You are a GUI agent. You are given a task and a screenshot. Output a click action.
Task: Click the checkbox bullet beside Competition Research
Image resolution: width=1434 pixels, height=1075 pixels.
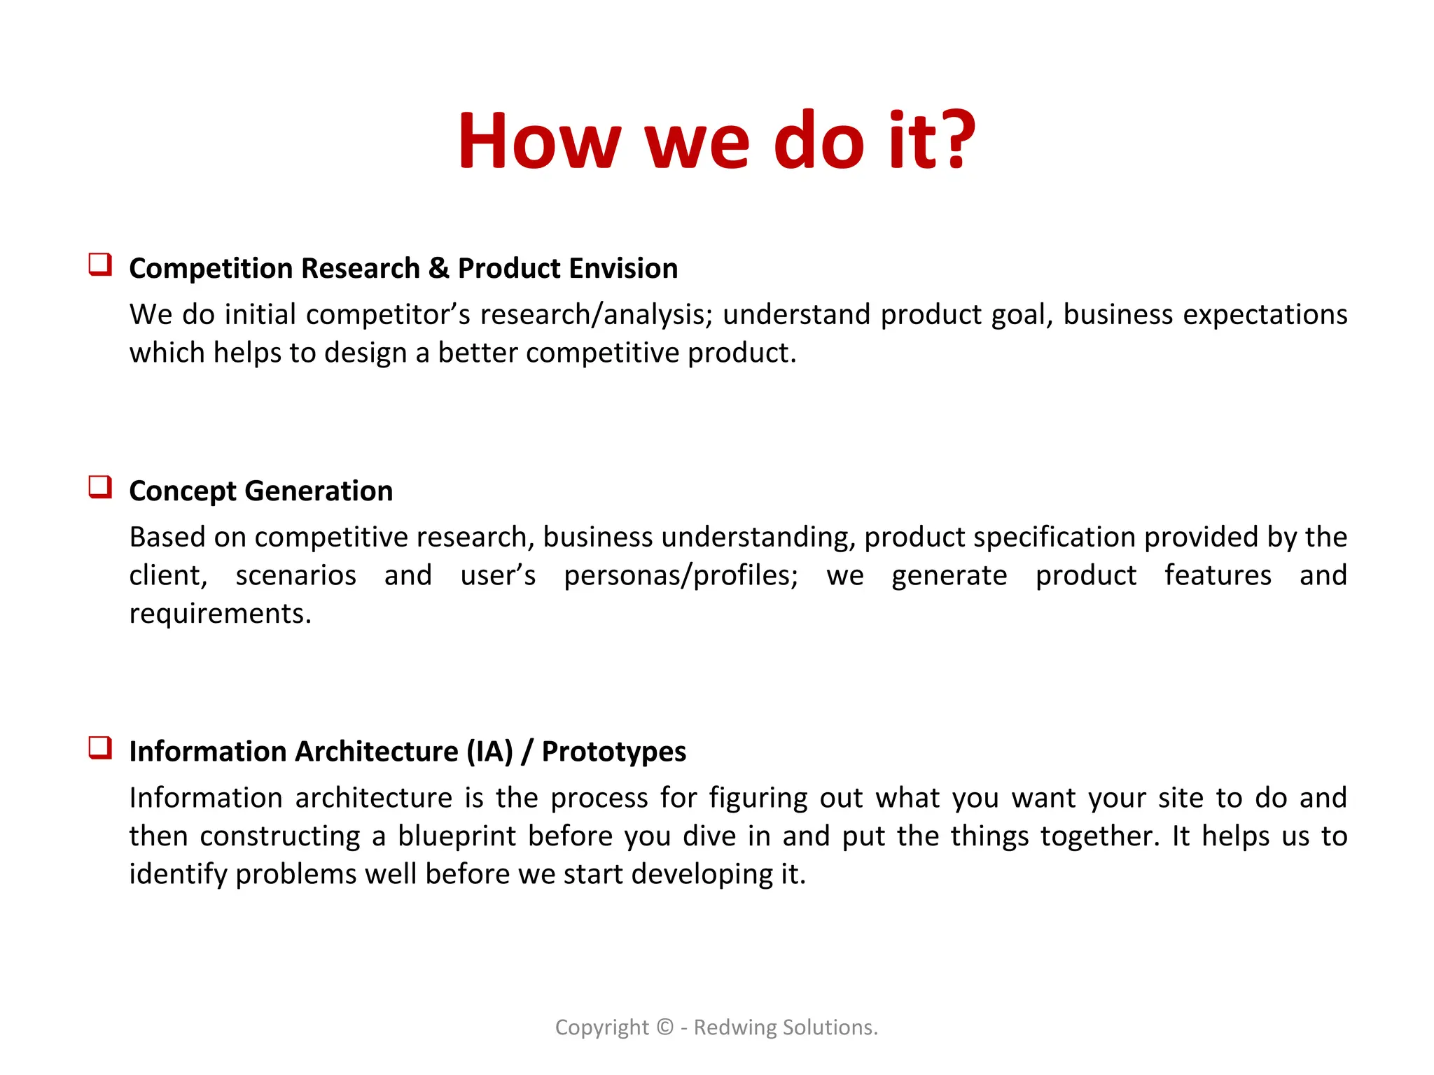tap(100, 265)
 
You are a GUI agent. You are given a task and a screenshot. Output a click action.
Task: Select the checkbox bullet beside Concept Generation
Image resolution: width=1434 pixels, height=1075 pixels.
tap(100, 487)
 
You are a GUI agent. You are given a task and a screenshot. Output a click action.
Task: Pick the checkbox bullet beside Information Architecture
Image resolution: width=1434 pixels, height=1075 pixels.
tap(100, 747)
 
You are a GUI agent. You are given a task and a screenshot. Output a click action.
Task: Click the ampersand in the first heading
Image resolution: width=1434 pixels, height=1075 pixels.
tap(438, 269)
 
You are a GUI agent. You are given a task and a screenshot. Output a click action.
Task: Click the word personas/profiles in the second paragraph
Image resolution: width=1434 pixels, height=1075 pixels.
tap(681, 576)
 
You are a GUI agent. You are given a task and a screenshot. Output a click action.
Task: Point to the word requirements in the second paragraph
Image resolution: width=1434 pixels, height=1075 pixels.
tap(220, 614)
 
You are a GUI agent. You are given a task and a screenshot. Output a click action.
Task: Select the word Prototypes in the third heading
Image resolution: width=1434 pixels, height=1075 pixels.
tap(614, 752)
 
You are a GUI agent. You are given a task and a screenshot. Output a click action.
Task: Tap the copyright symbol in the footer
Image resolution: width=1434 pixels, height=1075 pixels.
tap(664, 1027)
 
